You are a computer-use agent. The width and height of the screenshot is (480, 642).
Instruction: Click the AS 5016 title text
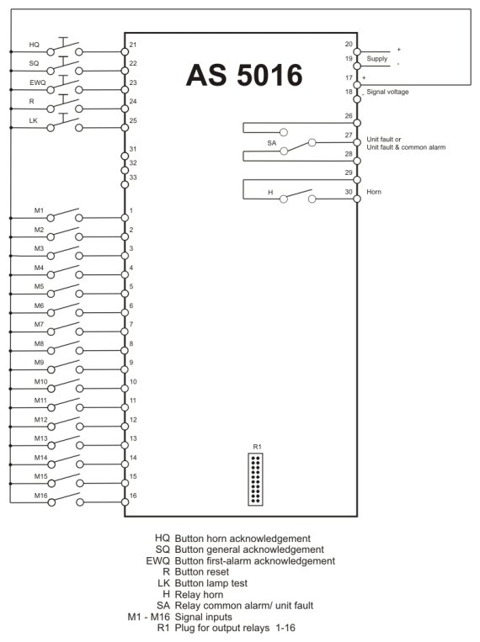(244, 75)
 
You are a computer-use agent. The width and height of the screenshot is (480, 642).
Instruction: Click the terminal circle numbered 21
(125, 51)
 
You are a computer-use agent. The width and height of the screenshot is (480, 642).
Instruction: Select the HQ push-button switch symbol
(65, 47)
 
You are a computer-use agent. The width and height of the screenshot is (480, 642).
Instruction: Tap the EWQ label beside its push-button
(38, 82)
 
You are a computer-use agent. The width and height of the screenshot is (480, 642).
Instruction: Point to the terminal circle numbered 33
(125, 184)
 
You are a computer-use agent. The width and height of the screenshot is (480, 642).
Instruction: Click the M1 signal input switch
(65, 215)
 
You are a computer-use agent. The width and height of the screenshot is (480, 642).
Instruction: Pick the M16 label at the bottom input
(40, 496)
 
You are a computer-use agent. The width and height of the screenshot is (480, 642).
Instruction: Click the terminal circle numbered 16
(125, 502)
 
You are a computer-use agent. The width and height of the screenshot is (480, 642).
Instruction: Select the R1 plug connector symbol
(255, 480)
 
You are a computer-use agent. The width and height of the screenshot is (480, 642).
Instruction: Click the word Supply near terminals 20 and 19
(376, 59)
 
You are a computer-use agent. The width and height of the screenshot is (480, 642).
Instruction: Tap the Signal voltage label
(387, 92)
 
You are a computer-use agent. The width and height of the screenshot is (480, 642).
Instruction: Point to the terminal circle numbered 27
(357, 142)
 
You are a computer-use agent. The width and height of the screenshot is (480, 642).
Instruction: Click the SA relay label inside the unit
(272, 143)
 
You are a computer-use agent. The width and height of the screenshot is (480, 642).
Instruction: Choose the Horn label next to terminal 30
(374, 192)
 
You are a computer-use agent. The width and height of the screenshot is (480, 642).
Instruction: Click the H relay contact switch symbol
(298, 196)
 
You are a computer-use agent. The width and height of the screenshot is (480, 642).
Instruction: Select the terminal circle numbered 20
(357, 51)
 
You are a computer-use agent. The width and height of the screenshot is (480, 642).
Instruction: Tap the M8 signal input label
(39, 343)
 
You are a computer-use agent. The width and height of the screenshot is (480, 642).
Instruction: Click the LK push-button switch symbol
(65, 123)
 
